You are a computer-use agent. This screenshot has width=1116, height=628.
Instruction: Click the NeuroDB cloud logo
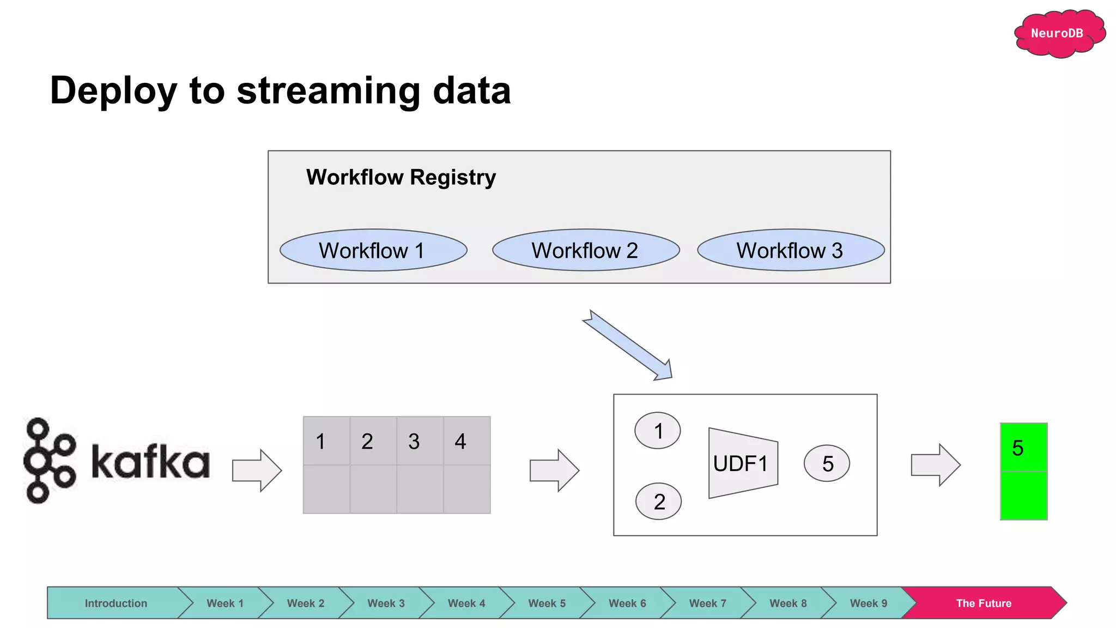tap(1057, 34)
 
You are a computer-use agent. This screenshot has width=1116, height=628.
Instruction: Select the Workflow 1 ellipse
tap(373, 250)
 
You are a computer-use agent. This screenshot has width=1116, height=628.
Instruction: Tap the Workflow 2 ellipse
tap(586, 250)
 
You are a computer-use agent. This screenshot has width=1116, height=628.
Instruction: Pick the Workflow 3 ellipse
tap(791, 250)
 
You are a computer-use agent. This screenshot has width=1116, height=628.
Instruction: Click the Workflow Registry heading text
tap(401, 177)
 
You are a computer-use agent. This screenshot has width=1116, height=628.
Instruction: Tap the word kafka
tap(150, 462)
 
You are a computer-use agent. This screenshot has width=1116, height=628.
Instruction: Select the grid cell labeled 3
tap(420, 440)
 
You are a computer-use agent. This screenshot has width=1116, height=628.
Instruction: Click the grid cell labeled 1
tap(326, 440)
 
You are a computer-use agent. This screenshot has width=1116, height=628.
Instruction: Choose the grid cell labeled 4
tap(466, 440)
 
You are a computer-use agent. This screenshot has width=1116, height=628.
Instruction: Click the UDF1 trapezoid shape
tap(743, 463)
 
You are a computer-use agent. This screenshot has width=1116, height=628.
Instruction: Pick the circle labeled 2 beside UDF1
tap(658, 501)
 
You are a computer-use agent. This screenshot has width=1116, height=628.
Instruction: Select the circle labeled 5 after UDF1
tap(827, 463)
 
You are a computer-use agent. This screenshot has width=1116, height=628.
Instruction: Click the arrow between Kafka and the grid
tap(257, 470)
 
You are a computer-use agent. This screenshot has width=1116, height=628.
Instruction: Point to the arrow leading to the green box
tap(935, 465)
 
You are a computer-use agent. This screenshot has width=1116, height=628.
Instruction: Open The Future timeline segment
tap(984, 603)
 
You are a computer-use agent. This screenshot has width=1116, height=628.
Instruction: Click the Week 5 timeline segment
tap(547, 603)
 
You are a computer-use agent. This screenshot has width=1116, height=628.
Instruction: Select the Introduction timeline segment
tap(116, 603)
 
